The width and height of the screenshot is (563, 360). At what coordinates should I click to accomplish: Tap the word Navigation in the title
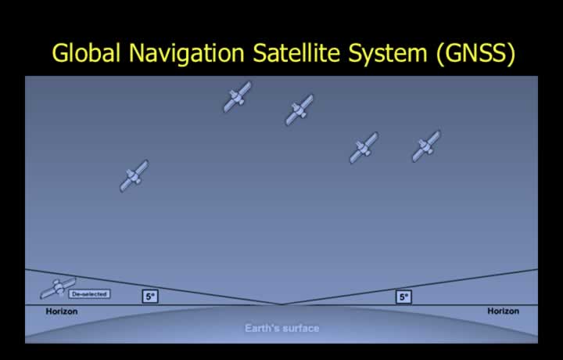(187, 53)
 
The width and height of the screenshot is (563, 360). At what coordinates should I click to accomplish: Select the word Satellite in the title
(296, 52)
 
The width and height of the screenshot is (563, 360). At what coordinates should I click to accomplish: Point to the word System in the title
(388, 53)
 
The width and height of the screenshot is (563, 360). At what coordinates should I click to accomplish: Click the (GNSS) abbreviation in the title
(476, 53)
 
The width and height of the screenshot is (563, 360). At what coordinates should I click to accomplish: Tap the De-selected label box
(89, 294)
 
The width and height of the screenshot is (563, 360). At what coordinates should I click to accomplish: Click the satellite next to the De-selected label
(58, 287)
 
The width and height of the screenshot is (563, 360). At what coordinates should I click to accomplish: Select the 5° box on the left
(150, 297)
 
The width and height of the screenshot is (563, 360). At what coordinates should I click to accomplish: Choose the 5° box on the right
(403, 297)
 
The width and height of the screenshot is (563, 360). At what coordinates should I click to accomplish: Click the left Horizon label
(62, 311)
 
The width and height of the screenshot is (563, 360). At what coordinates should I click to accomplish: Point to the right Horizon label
(503, 311)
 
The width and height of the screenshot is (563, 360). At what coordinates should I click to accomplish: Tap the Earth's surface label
(281, 328)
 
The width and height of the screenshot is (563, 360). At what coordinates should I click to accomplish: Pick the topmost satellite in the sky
(238, 96)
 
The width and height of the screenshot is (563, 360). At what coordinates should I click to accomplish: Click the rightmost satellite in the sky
(426, 146)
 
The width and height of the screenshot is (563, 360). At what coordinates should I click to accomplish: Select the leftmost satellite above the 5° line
(134, 175)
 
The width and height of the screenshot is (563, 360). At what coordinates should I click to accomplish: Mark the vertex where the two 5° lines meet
(281, 304)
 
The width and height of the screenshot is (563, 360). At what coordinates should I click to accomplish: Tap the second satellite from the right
(364, 148)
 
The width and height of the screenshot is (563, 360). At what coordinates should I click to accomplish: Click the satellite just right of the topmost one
(299, 110)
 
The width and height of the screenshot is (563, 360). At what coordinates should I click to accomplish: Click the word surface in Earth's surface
(300, 329)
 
